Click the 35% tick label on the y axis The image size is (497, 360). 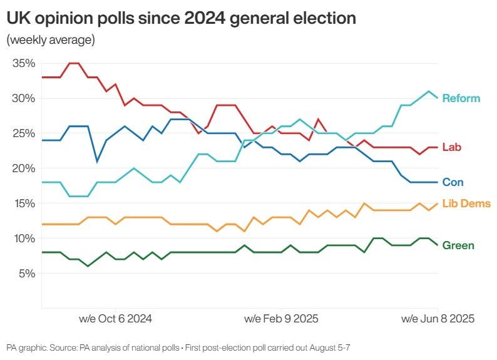pyautogui.click(x=23, y=63)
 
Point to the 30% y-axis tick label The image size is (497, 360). pyautogui.click(x=23, y=98)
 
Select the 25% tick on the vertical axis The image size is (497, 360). pyautogui.click(x=23, y=133)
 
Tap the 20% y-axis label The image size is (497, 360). pyautogui.click(x=23, y=168)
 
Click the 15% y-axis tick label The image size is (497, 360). pyautogui.click(x=23, y=203)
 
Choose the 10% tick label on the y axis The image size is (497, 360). pyautogui.click(x=23, y=239)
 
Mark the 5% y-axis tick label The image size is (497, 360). pyautogui.click(x=25, y=274)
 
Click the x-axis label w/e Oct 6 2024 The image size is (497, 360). pyautogui.click(x=115, y=319)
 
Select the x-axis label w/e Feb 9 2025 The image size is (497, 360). pyautogui.click(x=281, y=319)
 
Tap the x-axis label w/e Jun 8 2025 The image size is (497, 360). pyautogui.click(x=438, y=319)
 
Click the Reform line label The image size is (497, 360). pyautogui.click(x=461, y=98)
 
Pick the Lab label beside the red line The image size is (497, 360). pyautogui.click(x=452, y=147)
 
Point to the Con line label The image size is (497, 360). pyautogui.click(x=453, y=182)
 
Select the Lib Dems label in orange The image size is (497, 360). pyautogui.click(x=466, y=203)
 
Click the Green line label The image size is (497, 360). pyautogui.click(x=458, y=245)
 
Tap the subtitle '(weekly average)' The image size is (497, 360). pyautogui.click(x=51, y=41)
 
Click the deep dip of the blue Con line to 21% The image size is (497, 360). pyautogui.click(x=97, y=162)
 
